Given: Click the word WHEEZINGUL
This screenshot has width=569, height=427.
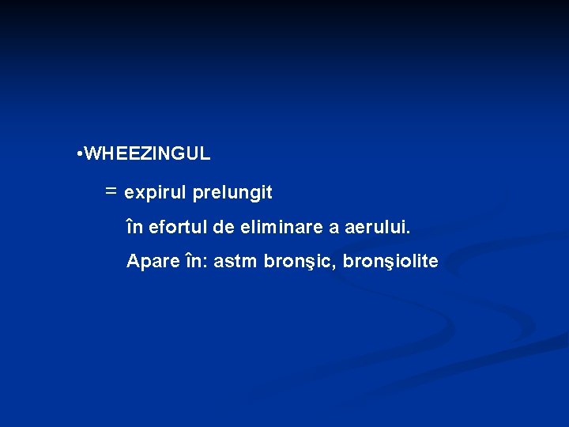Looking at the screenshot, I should click(147, 153).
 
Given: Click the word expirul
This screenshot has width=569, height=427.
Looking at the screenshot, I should click(156, 192).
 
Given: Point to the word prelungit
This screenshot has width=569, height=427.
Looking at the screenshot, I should click(232, 192).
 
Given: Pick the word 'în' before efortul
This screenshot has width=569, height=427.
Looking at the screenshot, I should click(135, 229).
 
